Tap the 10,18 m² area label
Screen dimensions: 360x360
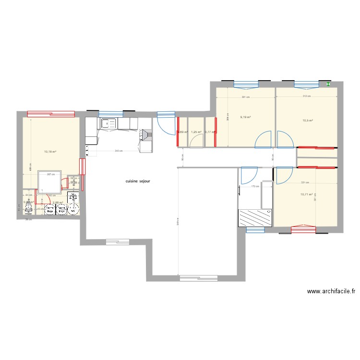point(50,152)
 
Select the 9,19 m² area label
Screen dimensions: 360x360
point(246,117)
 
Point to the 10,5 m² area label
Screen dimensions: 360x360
point(307,120)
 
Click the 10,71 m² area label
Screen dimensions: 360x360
point(306,194)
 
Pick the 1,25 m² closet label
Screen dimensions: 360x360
point(196,132)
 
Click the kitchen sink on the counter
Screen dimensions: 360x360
point(108,123)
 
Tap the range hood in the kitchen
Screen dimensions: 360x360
point(145,135)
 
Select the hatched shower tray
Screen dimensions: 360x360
point(255,217)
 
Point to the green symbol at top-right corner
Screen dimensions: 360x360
point(328,84)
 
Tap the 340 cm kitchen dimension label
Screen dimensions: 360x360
point(118,151)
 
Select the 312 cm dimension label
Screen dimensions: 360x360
point(306,96)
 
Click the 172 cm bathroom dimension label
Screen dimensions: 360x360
point(254,187)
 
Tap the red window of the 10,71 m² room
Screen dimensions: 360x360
point(303,229)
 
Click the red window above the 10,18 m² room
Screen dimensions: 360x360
point(51,114)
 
